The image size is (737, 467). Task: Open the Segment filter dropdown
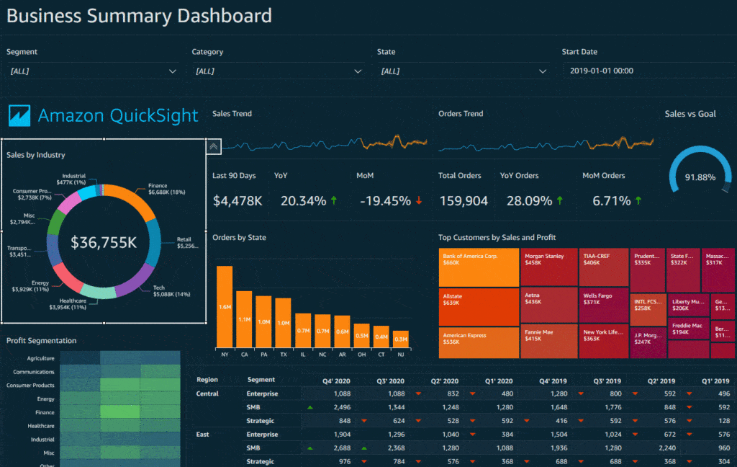[x=92, y=71]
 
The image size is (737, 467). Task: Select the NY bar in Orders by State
[x=225, y=307]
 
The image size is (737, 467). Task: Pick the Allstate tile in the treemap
[x=479, y=306]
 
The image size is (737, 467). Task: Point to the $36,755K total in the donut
[x=104, y=243]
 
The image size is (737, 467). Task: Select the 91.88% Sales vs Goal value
[x=700, y=177]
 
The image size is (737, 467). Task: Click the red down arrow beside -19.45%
[x=419, y=201]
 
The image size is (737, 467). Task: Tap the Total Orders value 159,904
[x=463, y=201]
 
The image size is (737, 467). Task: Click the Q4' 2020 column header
[x=338, y=381]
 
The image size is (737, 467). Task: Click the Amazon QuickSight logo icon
[x=19, y=115]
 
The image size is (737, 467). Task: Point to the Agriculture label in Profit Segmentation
[x=40, y=358]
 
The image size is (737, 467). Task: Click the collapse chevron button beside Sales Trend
[x=213, y=147]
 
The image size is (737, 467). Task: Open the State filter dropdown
[x=463, y=71]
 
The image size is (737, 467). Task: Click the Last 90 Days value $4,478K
[x=238, y=201]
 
